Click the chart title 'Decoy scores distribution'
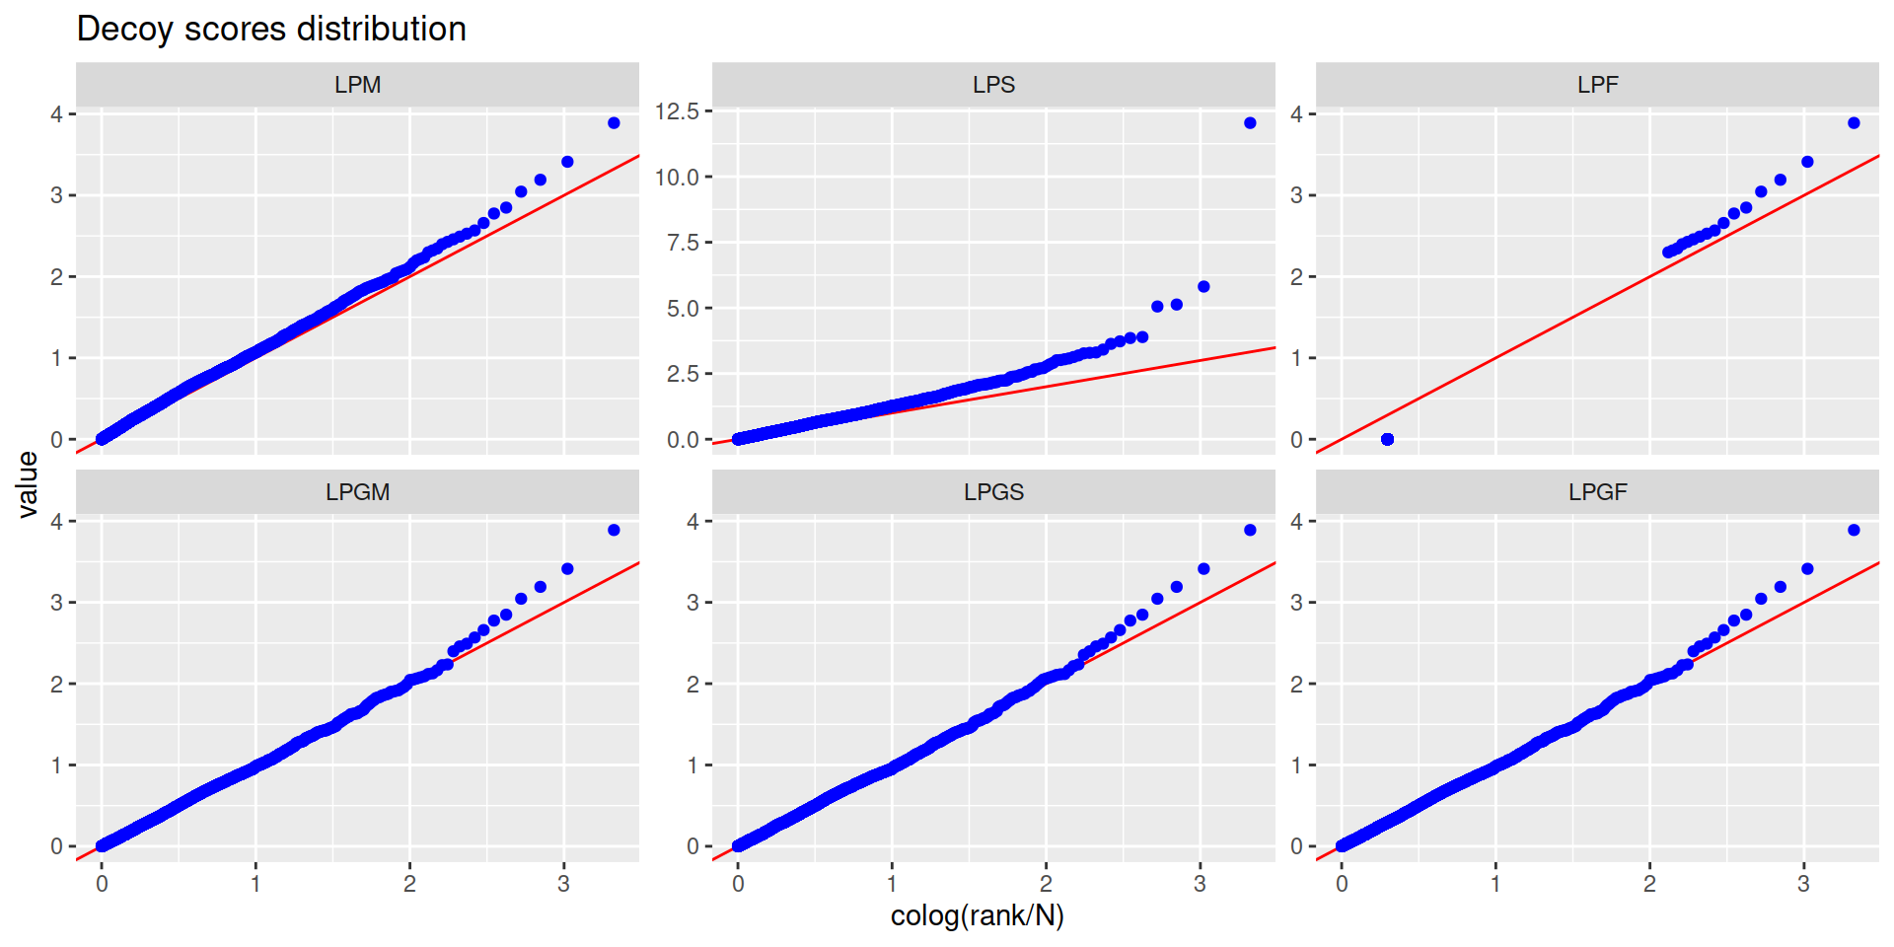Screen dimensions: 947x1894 click(271, 29)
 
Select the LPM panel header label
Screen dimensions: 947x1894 click(357, 85)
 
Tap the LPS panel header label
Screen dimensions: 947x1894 click(993, 85)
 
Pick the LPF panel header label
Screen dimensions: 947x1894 click(1597, 85)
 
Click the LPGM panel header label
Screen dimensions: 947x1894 click(357, 492)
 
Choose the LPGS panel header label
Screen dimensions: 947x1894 click(993, 492)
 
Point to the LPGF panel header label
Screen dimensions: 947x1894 click(1597, 492)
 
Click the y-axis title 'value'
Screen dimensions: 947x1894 click(28, 484)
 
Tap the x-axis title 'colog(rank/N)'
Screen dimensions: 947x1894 click(977, 916)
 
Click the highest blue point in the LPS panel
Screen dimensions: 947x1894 click(1250, 123)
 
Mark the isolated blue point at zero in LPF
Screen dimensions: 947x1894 click(1387, 439)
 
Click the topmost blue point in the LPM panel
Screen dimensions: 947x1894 click(614, 123)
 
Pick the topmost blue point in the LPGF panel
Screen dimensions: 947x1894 click(1854, 531)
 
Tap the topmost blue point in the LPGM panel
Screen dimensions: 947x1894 click(614, 531)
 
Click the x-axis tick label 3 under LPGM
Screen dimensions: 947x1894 click(563, 884)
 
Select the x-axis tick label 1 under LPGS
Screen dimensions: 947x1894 click(892, 884)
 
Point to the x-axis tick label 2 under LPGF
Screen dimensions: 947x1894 click(1649, 884)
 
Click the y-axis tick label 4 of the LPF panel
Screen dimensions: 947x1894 click(1297, 114)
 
